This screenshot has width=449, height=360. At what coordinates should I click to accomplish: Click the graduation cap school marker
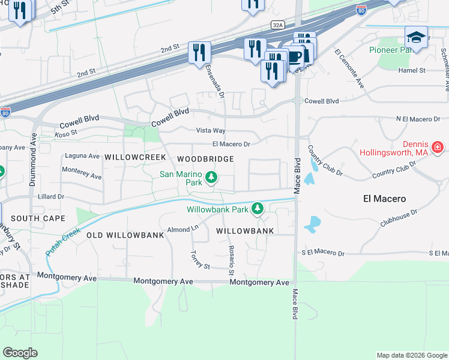[x=415, y=37]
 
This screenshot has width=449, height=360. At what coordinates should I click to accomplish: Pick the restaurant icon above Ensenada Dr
[x=199, y=52]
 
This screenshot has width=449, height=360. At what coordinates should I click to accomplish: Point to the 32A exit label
[x=277, y=25]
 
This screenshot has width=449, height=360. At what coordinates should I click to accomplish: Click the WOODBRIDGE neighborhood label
[x=205, y=158]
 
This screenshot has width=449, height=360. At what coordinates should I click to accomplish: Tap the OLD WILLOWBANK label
[x=125, y=235]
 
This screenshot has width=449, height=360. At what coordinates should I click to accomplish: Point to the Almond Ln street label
[x=183, y=229]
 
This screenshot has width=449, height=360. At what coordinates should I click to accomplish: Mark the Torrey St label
[x=200, y=260]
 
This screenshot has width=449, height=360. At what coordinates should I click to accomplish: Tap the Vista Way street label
[x=211, y=130]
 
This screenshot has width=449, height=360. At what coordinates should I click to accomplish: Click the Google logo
[x=20, y=353]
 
